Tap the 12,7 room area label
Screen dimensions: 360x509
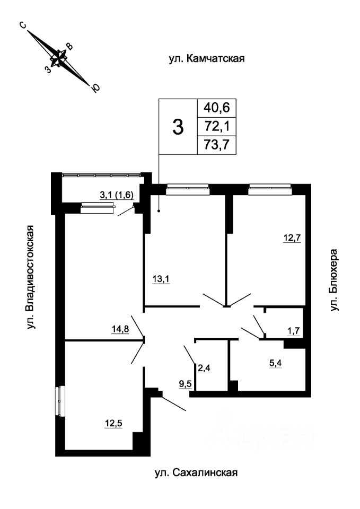click(x=291, y=238)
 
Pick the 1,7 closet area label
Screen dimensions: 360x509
click(x=293, y=331)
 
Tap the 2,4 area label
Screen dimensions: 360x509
click(x=204, y=366)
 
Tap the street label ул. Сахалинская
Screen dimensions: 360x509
click(x=195, y=472)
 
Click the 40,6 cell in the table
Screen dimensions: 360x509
click(x=216, y=108)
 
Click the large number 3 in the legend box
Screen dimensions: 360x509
click(x=179, y=127)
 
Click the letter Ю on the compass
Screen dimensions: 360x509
click(x=95, y=89)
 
